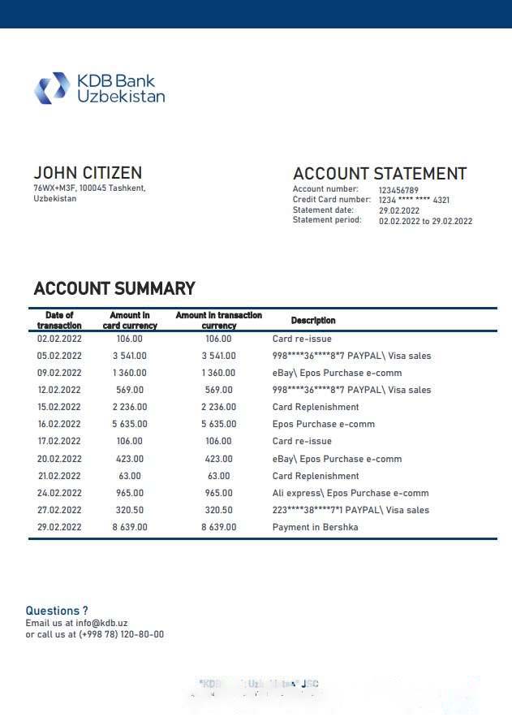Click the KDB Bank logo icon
(52, 89)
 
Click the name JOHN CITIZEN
(88, 173)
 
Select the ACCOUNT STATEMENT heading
(379, 174)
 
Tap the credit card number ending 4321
(414, 200)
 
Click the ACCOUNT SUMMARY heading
(114, 289)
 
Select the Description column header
(313, 321)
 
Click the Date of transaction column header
(59, 320)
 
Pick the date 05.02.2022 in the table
(59, 356)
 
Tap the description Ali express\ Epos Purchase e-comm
(351, 493)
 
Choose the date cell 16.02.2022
(59, 424)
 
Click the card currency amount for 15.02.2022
(130, 407)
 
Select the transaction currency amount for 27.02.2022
(218, 510)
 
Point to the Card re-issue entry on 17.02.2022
(302, 441)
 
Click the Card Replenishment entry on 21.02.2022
(316, 476)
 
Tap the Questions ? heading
(57, 611)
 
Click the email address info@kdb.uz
(105, 623)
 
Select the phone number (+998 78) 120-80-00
(121, 634)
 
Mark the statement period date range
(425, 221)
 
